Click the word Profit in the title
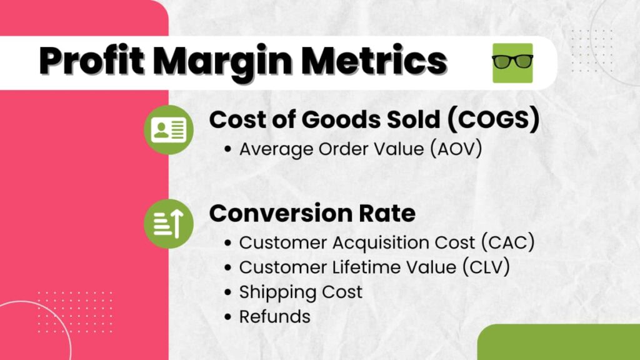(92, 61)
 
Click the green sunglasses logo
(512, 63)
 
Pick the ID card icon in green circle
(169, 130)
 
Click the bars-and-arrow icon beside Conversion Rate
(169, 224)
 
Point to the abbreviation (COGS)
(494, 120)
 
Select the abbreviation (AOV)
(456, 149)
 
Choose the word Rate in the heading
(387, 213)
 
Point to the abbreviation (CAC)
(508, 242)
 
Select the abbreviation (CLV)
(486, 267)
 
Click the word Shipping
(277, 292)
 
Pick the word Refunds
(275, 317)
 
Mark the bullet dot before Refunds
(227, 317)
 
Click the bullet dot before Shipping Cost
(227, 292)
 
